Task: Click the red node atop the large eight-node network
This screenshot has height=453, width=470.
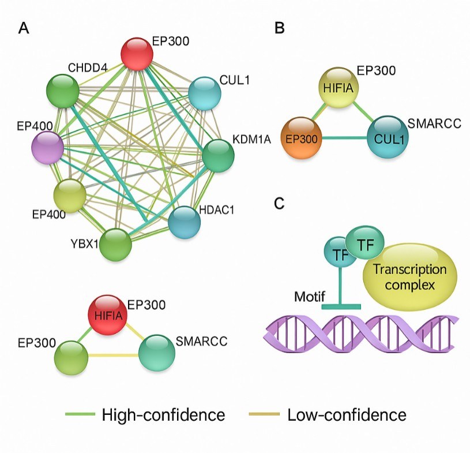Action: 137,54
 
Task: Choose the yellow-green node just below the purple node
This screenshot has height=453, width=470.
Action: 70,194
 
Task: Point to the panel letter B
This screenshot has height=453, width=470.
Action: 279,28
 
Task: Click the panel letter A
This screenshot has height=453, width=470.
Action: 24,28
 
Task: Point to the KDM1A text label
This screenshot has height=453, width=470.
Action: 252,140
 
